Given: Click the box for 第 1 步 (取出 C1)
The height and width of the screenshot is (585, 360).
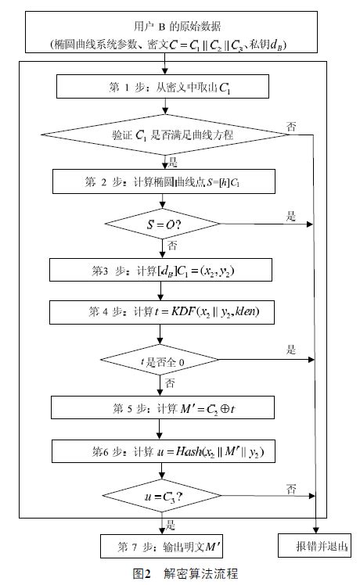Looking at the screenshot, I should [x=162, y=85].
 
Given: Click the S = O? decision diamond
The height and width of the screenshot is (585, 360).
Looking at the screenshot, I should [x=162, y=225].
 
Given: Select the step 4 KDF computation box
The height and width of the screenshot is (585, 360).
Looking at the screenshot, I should [x=162, y=313].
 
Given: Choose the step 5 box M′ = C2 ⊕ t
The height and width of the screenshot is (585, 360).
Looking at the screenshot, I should [x=162, y=407].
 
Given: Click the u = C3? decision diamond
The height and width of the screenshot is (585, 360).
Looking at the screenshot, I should [x=162, y=496].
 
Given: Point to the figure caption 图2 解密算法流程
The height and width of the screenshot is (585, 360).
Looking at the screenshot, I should [x=180, y=573].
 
